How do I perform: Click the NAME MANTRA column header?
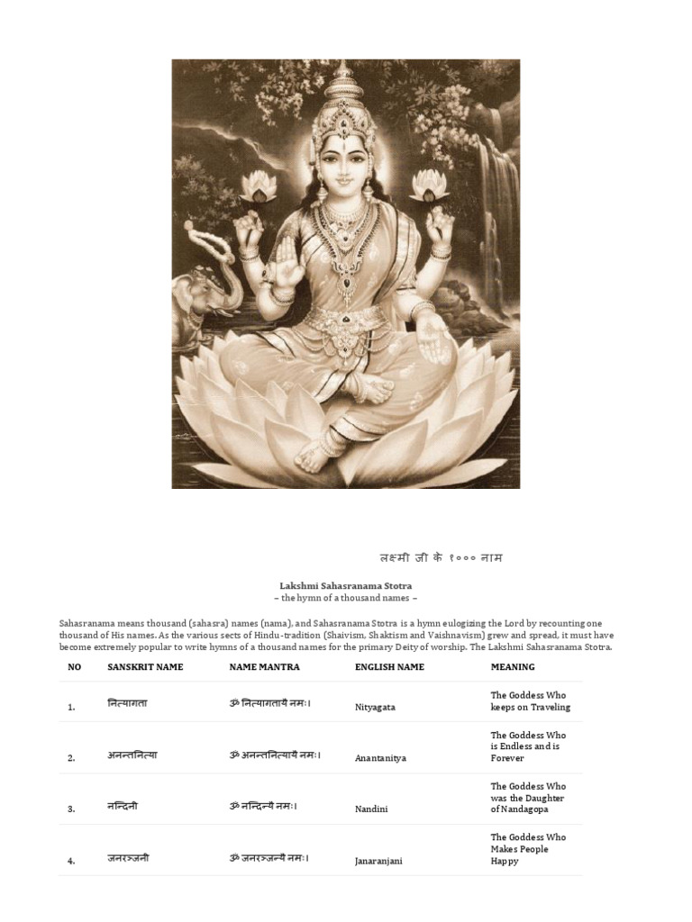(264, 667)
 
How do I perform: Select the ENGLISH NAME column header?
(389, 667)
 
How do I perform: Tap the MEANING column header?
(512, 667)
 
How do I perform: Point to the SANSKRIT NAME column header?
(145, 667)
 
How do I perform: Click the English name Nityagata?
(375, 708)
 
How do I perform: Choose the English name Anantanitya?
(380, 758)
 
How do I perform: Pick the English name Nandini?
(371, 809)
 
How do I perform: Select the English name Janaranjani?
(378, 861)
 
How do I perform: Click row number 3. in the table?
(71, 809)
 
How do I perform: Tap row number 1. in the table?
(71, 708)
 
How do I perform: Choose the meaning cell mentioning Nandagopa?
(528, 798)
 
